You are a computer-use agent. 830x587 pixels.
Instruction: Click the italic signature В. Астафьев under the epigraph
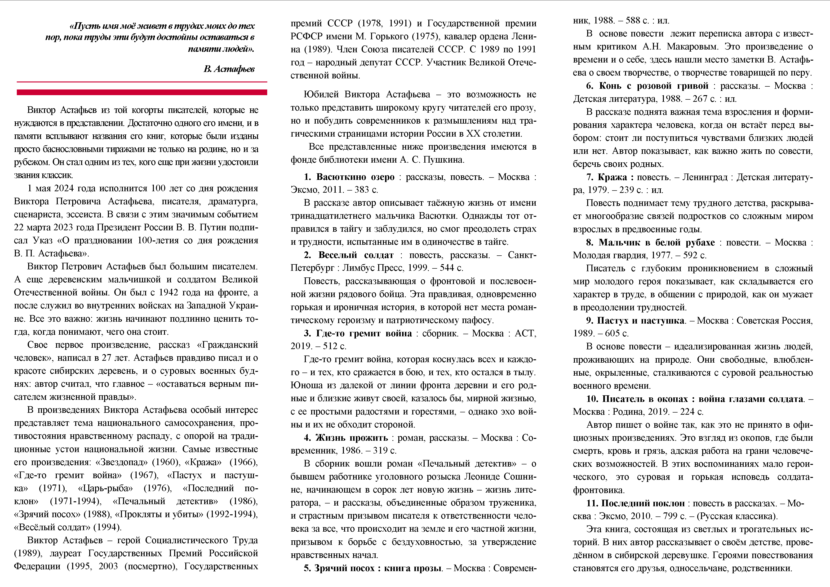pyautogui.click(x=229, y=69)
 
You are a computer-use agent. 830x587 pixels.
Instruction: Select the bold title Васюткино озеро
pyautogui.click(x=355, y=177)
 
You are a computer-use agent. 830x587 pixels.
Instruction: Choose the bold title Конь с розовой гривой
pyautogui.click(x=654, y=86)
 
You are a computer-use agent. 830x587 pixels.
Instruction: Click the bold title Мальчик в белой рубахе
pyautogui.click(x=657, y=242)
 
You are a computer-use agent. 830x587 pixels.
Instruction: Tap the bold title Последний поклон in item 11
pyautogui.click(x=643, y=503)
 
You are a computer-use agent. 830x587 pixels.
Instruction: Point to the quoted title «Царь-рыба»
pyautogui.click(x=105, y=488)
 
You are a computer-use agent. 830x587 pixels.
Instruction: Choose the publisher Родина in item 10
pyautogui.click(x=628, y=412)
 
